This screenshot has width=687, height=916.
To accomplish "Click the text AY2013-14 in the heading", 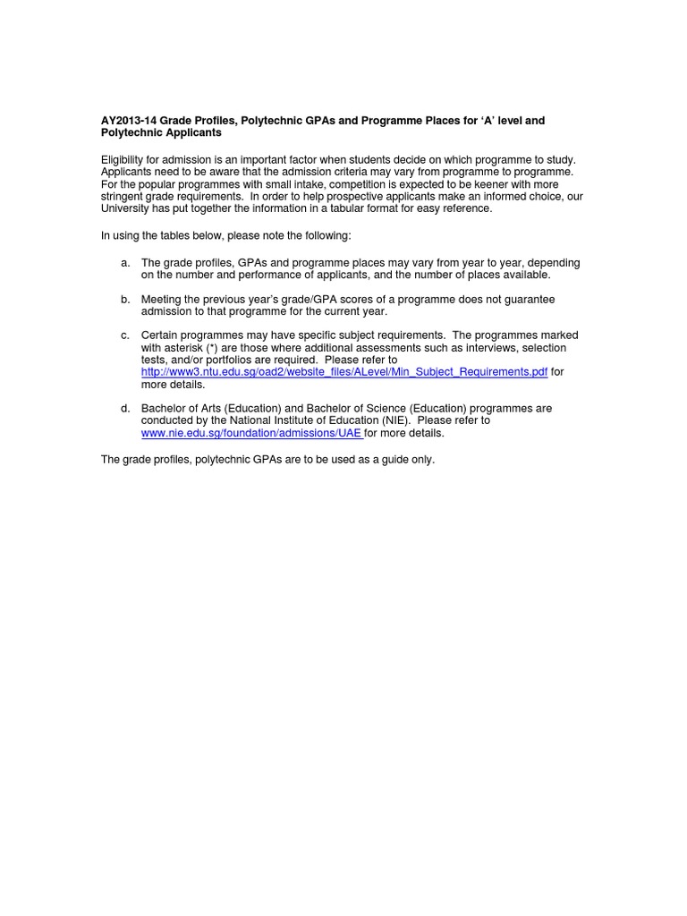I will (130, 120).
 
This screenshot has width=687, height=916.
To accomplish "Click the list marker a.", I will (125, 263).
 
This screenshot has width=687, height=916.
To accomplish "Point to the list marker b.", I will (125, 299).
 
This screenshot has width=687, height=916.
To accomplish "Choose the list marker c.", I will (125, 335).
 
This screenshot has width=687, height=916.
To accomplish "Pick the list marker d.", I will (125, 408).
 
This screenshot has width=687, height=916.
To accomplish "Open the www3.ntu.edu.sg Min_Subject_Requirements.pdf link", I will (344, 372).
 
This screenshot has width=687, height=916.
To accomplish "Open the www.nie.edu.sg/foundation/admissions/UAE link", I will (252, 433).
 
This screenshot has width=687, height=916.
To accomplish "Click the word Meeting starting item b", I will (163, 299).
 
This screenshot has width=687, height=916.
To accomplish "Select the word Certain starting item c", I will (161, 335).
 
